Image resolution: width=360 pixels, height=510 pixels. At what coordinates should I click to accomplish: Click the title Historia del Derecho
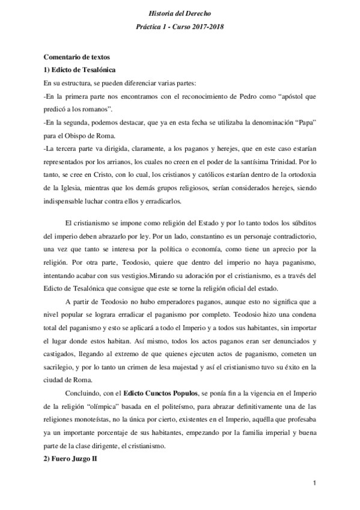(180, 13)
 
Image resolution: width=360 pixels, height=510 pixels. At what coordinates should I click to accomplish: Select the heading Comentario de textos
(75, 57)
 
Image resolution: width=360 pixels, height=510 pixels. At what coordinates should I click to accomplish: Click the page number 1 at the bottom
(314, 484)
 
